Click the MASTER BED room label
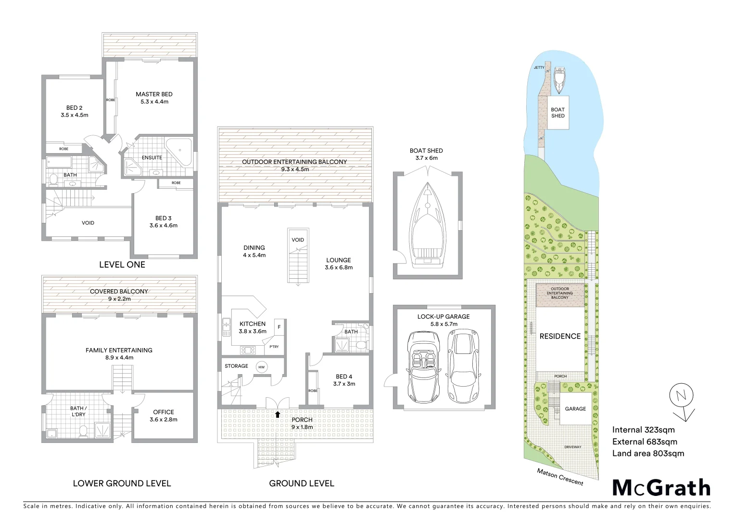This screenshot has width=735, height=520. [x=154, y=94]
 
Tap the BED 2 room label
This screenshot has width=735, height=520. [x=74, y=108]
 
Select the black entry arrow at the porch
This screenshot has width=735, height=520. [x=278, y=414]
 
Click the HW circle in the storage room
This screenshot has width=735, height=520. [x=261, y=367]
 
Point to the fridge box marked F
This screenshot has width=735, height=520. [x=279, y=327]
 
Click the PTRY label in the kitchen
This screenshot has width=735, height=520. [x=274, y=347]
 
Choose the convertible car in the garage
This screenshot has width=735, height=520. [x=424, y=367]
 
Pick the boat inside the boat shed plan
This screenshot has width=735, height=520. [x=427, y=224]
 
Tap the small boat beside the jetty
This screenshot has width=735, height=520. [x=559, y=80]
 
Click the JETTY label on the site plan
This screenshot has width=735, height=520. [x=539, y=67]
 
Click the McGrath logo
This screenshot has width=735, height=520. [x=661, y=488]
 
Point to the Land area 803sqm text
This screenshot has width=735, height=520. [x=648, y=454]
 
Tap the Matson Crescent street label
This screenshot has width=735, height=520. [x=560, y=477]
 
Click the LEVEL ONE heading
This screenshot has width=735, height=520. [x=122, y=265]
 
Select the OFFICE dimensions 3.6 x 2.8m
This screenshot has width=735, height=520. [x=164, y=420]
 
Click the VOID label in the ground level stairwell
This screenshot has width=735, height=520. [x=298, y=240]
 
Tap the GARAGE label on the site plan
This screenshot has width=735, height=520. [x=575, y=409]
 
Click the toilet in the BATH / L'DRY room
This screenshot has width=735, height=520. [x=83, y=431]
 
